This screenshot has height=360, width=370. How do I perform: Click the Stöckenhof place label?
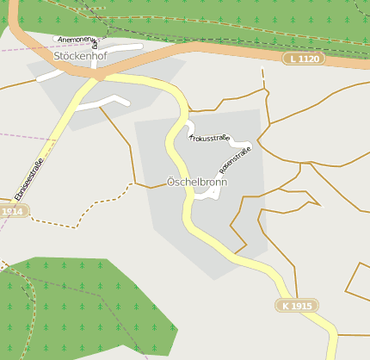78,55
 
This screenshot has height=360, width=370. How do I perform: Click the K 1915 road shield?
297,306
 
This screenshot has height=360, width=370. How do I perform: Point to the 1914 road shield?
12,211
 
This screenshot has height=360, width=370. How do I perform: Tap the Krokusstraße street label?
208,138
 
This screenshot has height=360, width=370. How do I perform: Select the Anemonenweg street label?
76,40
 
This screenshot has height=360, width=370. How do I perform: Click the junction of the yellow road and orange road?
96,76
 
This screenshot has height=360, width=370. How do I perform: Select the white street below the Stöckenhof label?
103,102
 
